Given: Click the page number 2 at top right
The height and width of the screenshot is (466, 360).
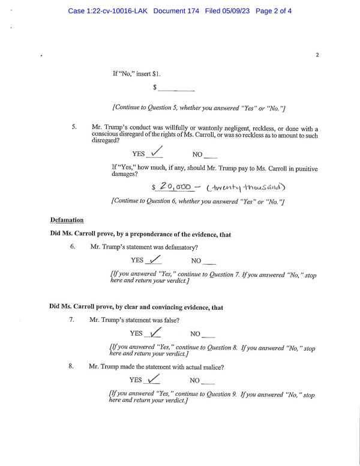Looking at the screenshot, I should (317, 55).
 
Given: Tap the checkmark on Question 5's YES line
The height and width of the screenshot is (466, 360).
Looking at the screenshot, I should (155, 153).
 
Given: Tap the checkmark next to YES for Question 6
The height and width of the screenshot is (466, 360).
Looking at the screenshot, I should (154, 259).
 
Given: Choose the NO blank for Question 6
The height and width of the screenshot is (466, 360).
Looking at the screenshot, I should (209, 262).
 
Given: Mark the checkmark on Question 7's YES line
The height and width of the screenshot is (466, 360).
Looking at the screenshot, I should (154, 332).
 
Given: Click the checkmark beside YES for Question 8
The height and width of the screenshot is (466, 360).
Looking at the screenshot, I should (154, 379).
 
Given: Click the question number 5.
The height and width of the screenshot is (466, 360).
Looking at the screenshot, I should (74, 127).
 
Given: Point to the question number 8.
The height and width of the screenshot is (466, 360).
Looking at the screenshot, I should (71, 366).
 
